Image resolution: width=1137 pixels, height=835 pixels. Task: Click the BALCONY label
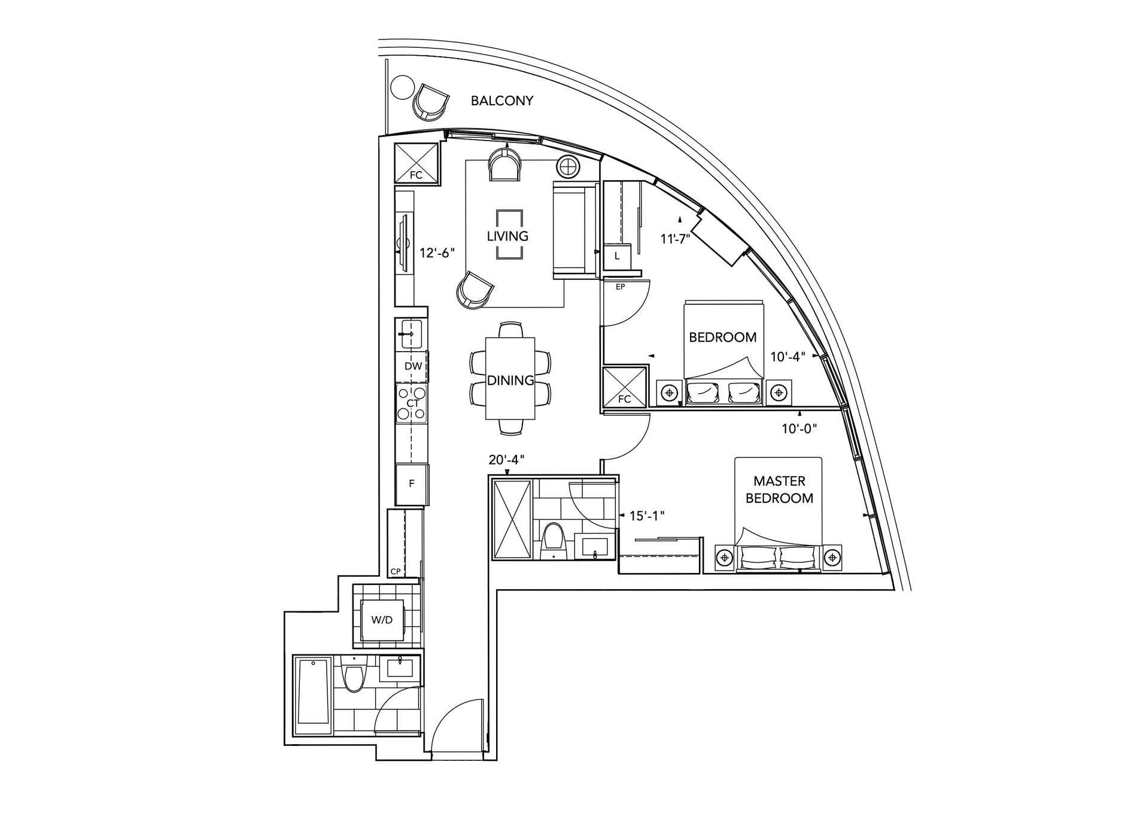tap(501, 100)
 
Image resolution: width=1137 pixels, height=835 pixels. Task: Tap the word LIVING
tap(507, 236)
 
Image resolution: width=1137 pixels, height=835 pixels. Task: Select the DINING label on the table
tap(510, 380)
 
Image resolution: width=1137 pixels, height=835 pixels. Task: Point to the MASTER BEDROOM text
tap(779, 489)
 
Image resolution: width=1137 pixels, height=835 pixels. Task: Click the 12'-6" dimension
tap(437, 253)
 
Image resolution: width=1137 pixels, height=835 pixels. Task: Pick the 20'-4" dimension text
tap(507, 459)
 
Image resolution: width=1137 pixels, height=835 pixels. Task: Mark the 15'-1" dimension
tap(647, 516)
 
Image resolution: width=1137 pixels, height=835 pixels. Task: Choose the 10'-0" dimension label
tap(799, 428)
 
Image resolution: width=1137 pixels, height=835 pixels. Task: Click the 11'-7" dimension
tap(676, 239)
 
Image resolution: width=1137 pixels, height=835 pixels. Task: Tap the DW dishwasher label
tap(413, 366)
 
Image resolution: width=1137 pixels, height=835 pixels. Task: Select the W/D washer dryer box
tap(382, 620)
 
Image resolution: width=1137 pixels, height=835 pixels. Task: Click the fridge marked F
tap(412, 484)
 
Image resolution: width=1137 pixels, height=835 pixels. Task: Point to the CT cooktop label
tap(412, 404)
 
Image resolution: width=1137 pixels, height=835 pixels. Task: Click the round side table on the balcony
tap(402, 87)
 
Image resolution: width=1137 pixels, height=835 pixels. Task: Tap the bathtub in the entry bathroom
tap(313, 696)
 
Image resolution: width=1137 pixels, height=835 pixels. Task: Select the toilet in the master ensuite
tap(553, 538)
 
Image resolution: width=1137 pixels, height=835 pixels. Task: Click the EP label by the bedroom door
tap(620, 287)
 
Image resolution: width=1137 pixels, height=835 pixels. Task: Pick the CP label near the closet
tap(395, 571)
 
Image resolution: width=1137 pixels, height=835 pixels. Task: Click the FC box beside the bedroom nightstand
tap(625, 387)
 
